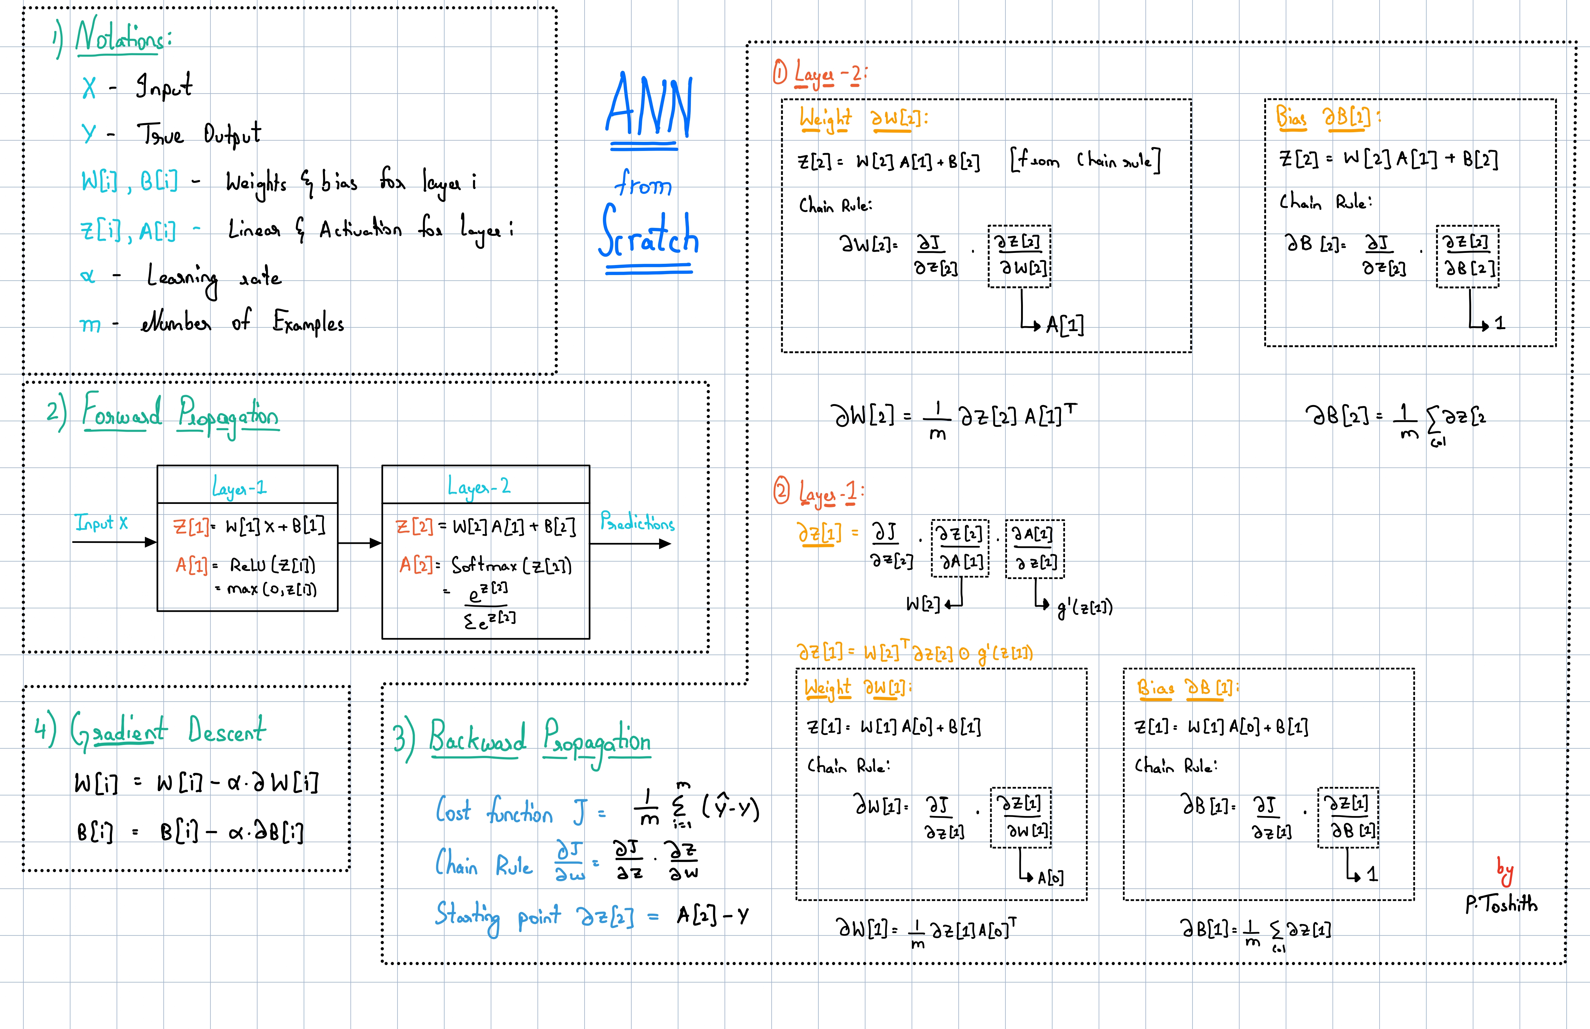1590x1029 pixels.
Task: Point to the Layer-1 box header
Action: click(239, 486)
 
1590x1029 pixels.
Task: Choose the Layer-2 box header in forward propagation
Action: click(479, 486)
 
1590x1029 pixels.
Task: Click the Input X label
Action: click(102, 523)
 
